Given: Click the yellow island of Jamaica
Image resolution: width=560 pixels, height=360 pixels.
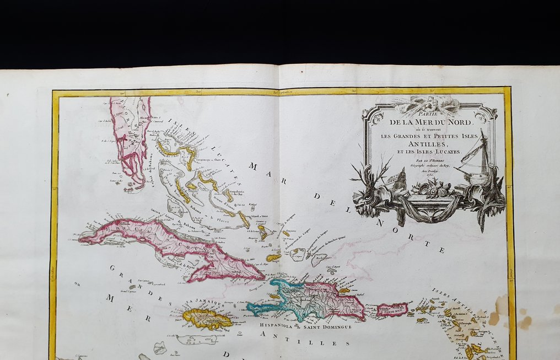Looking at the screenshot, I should point(205,319).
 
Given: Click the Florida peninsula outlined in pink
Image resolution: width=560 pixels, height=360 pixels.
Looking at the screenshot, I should point(128,138).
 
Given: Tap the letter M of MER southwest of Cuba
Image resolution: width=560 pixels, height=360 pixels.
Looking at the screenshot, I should point(109,298).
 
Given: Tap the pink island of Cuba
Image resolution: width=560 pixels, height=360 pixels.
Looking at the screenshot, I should point(165,243).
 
